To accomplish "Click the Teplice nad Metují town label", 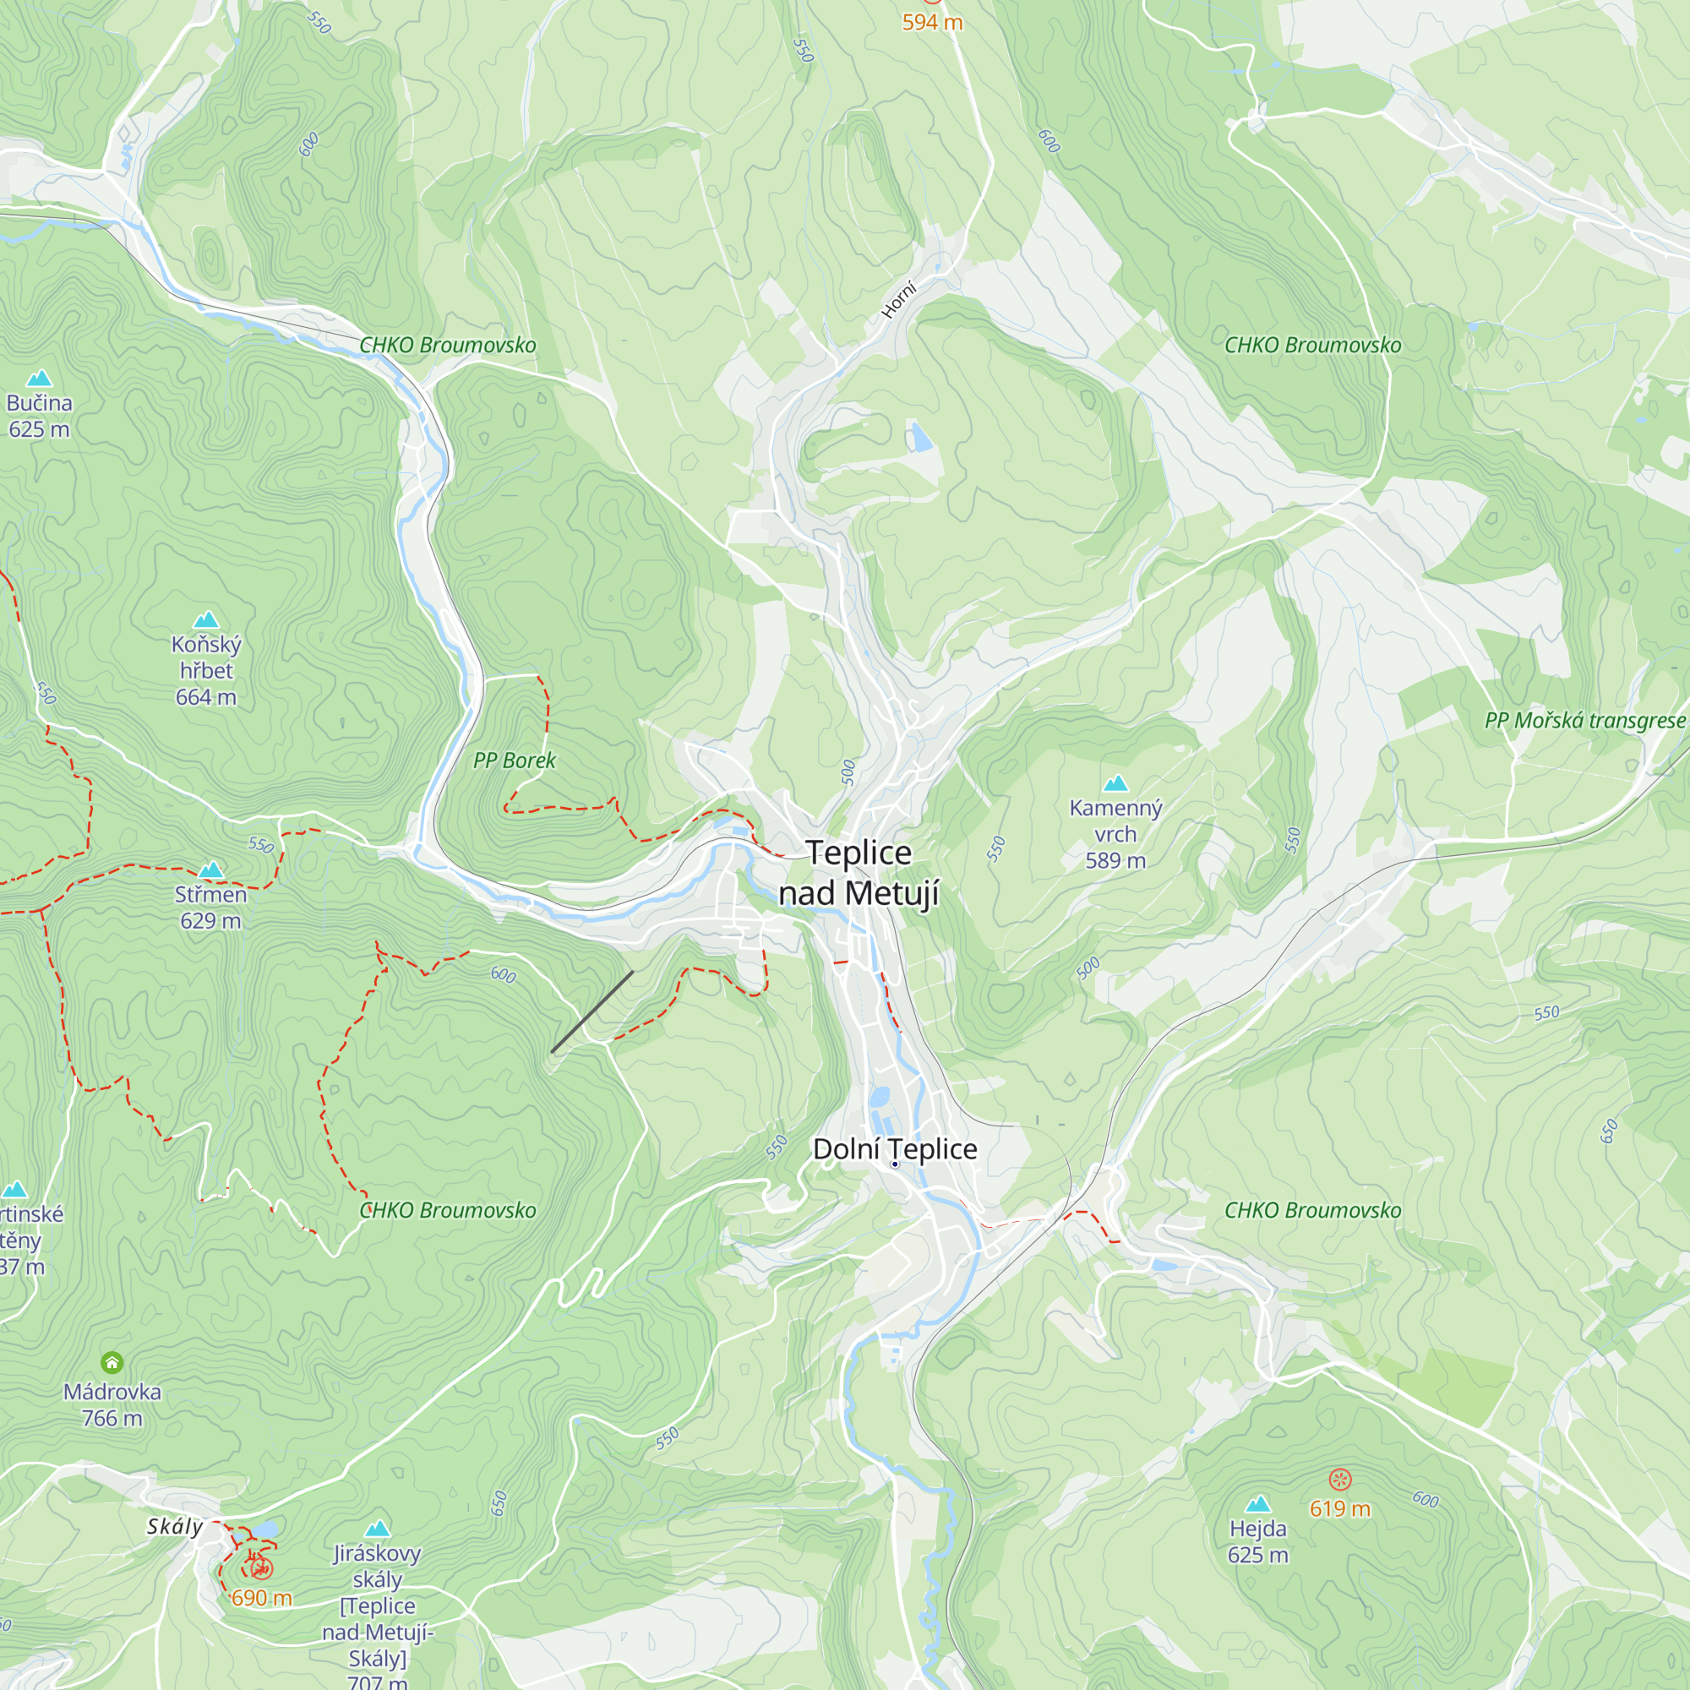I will click(x=859, y=873).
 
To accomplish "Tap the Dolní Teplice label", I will click(x=895, y=1148).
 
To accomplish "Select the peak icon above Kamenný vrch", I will click(x=1115, y=783).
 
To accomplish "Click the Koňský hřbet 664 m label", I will click(x=205, y=670).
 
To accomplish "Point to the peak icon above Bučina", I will click(x=39, y=378).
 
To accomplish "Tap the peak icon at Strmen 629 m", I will click(x=210, y=870).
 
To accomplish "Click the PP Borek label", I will click(x=514, y=760).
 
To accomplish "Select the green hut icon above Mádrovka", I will click(x=112, y=1362).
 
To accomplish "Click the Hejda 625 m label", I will click(x=1257, y=1541).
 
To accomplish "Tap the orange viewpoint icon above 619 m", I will click(x=1340, y=1480).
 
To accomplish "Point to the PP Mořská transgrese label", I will click(x=1584, y=720).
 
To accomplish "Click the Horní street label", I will click(x=898, y=300).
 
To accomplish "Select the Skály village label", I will click(x=174, y=1526).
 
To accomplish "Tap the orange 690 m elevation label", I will click(x=262, y=1598).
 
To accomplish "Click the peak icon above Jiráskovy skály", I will click(x=377, y=1528).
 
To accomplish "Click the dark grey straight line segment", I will click(x=592, y=1011).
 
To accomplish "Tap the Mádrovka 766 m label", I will click(x=112, y=1405).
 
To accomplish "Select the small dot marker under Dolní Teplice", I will click(x=895, y=1164).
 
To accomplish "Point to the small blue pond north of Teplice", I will click(x=919, y=437).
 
